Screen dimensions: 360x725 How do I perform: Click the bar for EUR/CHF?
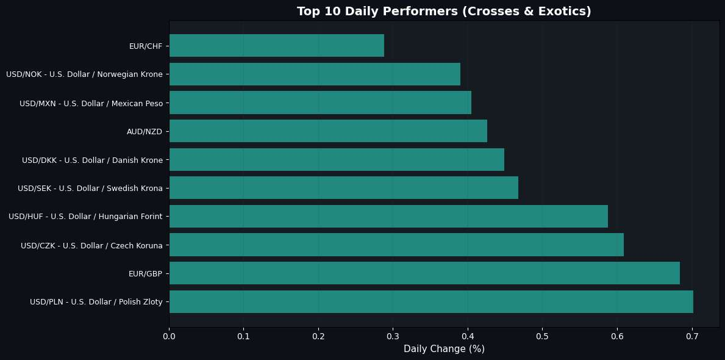[276, 46]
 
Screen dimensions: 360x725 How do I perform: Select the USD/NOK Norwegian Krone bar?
[315, 74]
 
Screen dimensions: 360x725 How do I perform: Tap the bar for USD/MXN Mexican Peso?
[320, 103]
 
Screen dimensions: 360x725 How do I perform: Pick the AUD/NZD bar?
[328, 131]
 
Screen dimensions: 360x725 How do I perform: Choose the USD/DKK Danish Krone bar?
[337, 160]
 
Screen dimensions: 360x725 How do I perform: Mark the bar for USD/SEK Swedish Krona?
[343, 188]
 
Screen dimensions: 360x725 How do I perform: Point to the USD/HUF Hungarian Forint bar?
[388, 217]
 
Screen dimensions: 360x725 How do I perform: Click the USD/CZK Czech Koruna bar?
[396, 245]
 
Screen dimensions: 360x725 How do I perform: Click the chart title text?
[444, 12]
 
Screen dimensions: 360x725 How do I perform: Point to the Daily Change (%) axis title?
[444, 349]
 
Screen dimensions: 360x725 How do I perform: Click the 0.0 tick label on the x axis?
[170, 336]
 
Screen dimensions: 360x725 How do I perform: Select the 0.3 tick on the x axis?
[393, 336]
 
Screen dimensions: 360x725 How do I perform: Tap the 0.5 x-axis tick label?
[543, 336]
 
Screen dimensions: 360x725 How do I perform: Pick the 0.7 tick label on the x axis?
[692, 336]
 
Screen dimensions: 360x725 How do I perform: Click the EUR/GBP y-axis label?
[146, 274]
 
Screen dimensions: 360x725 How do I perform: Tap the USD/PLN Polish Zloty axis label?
[96, 302]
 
